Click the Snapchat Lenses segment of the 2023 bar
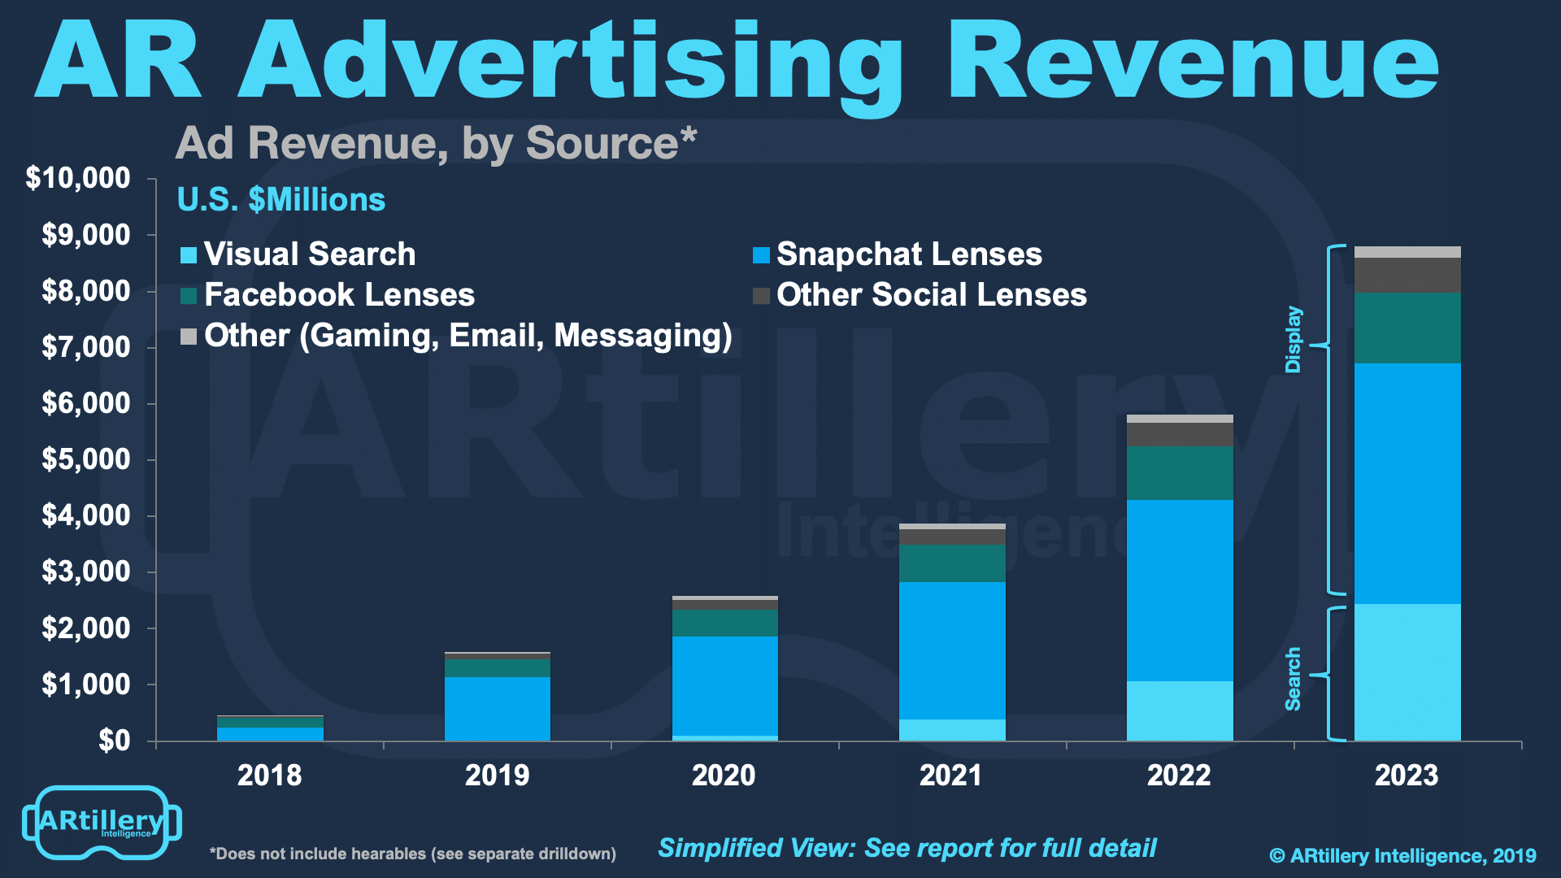pyautogui.click(x=1407, y=483)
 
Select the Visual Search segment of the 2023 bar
pyautogui.click(x=1407, y=672)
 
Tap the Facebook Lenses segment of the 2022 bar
pyautogui.click(x=1180, y=472)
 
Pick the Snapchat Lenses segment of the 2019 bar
pyautogui.click(x=498, y=708)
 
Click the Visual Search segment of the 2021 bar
pyautogui.click(x=952, y=729)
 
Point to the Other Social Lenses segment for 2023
pyautogui.click(x=1407, y=275)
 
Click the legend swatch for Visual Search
pyautogui.click(x=189, y=255)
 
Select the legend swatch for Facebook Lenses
pyautogui.click(x=189, y=296)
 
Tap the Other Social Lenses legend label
pyautogui.click(x=931, y=295)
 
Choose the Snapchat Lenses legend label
pyautogui.click(x=909, y=254)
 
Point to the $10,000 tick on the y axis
pyautogui.click(x=78, y=178)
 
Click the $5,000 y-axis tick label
pyautogui.click(x=85, y=459)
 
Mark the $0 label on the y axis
pyautogui.click(x=114, y=741)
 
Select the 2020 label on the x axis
pyautogui.click(x=724, y=776)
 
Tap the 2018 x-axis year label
pyautogui.click(x=269, y=776)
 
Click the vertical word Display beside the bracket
pyautogui.click(x=1293, y=340)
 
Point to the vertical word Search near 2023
pyautogui.click(x=1293, y=679)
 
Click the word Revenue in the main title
pyautogui.click(x=1193, y=62)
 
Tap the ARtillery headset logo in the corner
pyautogui.click(x=102, y=822)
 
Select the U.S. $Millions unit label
pyautogui.click(x=281, y=200)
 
